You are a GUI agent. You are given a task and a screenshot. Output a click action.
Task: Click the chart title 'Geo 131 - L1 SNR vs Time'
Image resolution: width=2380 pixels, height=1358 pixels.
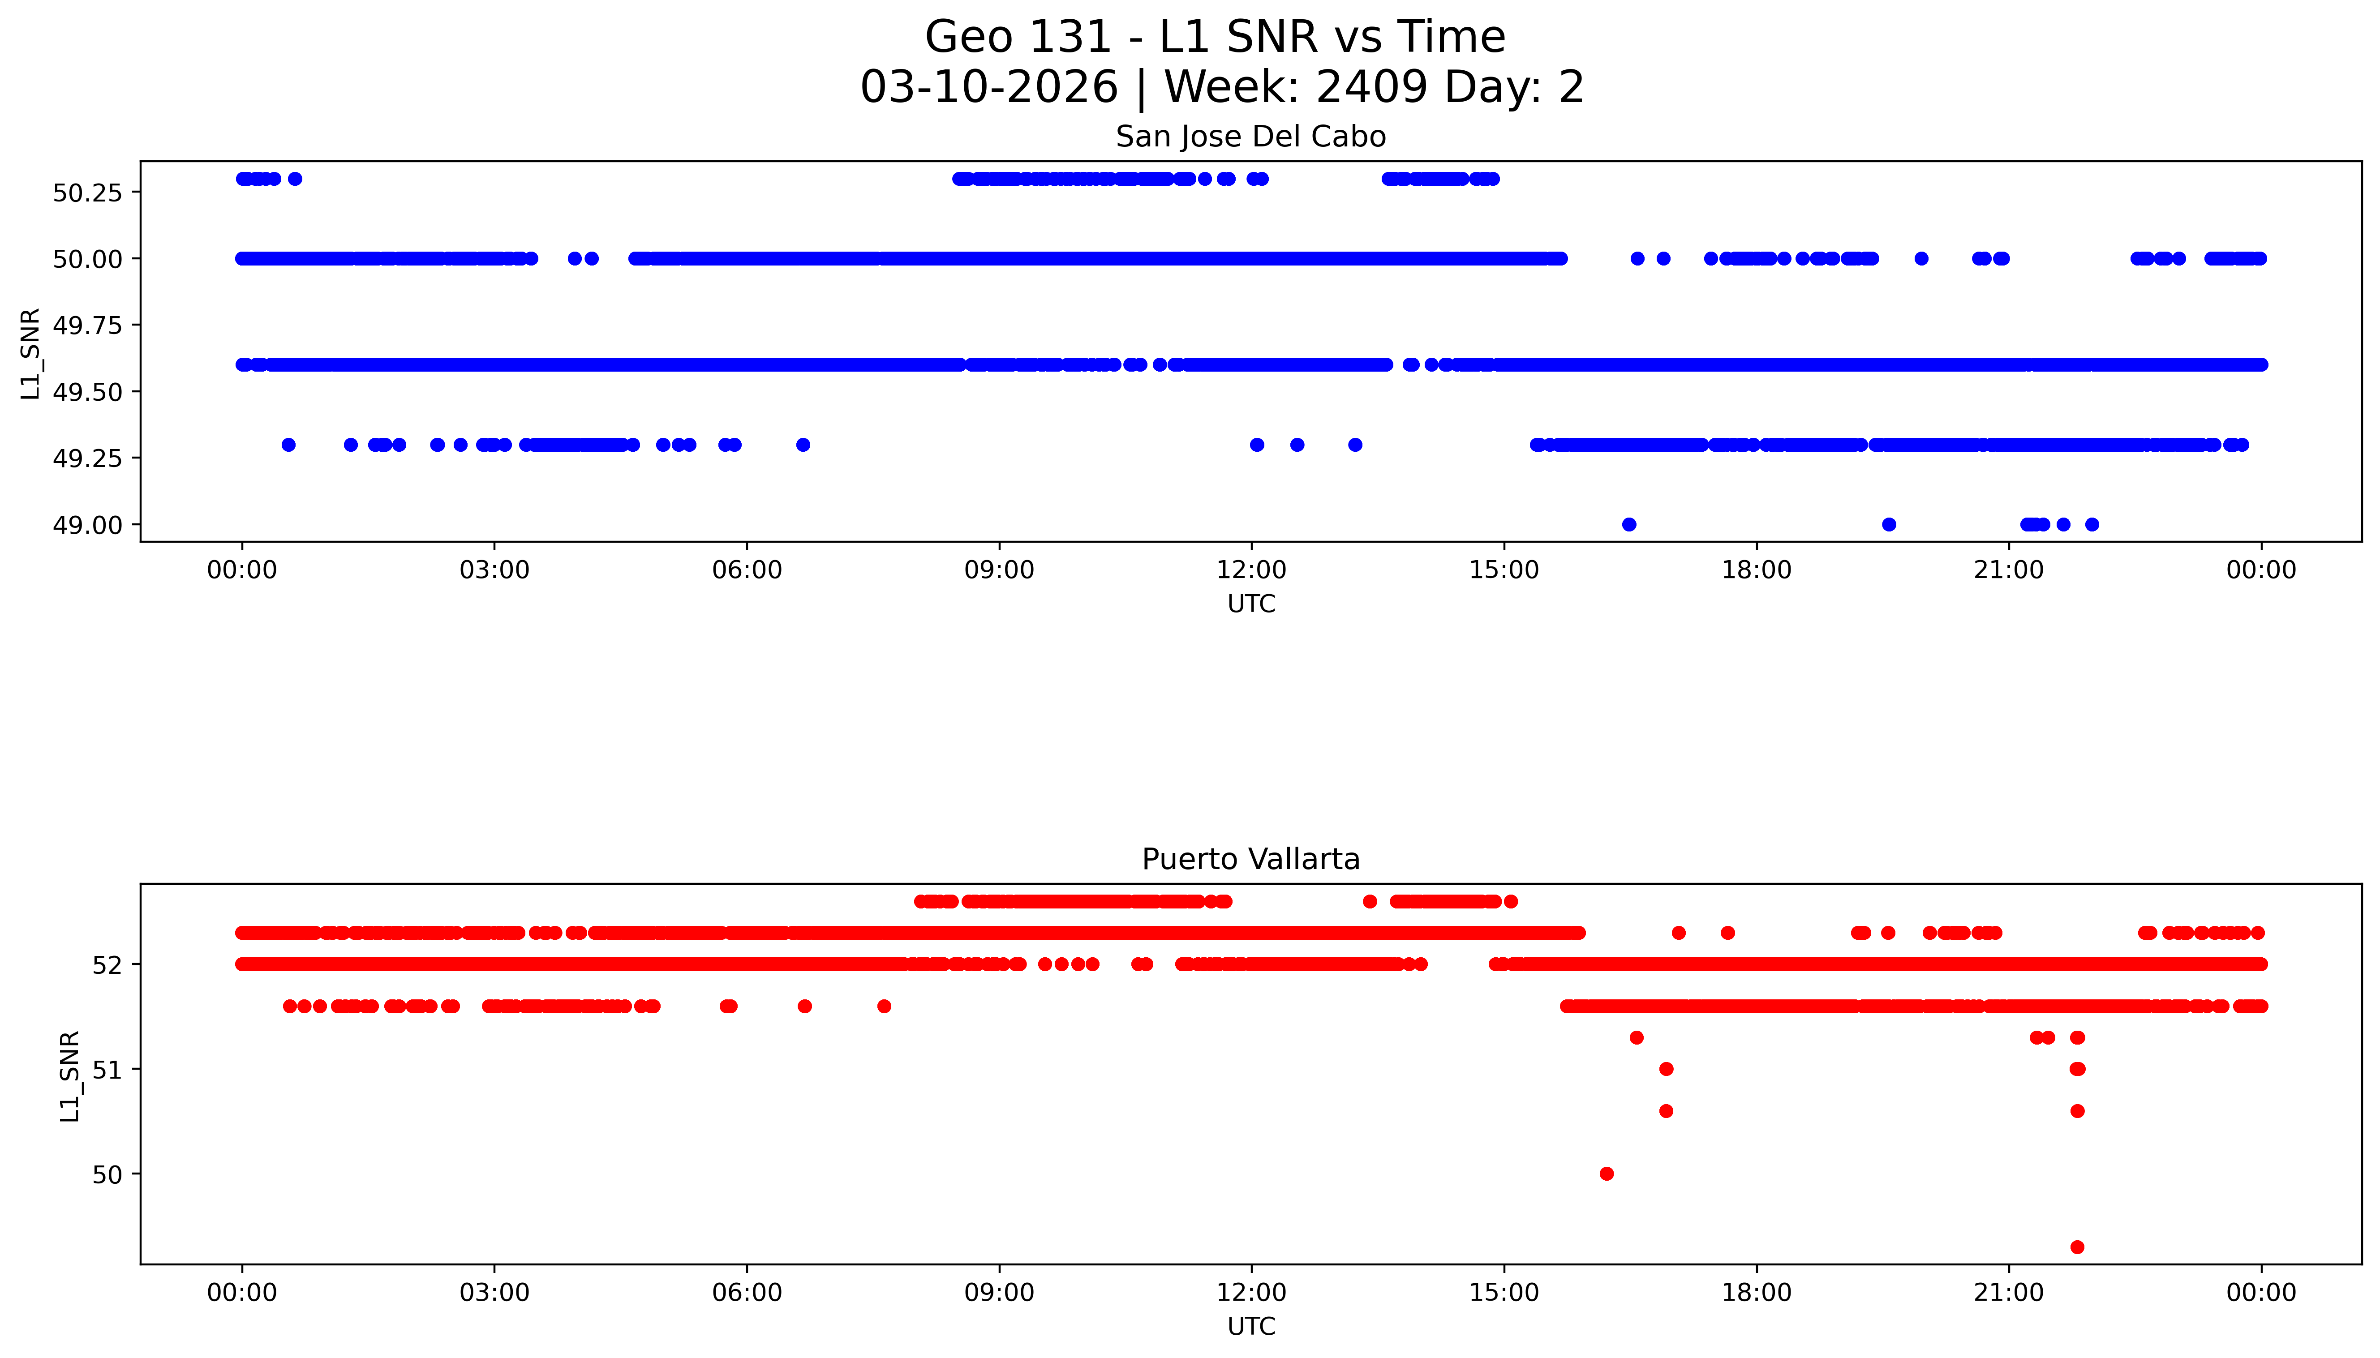[1215, 37]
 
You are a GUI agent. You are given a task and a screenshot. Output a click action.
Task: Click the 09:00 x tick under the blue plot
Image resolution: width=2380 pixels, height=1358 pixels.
[999, 570]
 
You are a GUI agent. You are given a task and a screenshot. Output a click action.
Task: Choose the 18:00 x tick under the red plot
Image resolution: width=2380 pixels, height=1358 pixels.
[1756, 1293]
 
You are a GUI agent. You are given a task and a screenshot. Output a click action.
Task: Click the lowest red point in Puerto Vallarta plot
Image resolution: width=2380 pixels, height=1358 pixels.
[2077, 1247]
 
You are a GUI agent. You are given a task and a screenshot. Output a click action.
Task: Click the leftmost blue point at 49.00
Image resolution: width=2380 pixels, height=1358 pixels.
[1629, 524]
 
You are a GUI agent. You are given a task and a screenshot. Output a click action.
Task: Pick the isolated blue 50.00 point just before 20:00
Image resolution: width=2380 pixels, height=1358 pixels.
[1921, 258]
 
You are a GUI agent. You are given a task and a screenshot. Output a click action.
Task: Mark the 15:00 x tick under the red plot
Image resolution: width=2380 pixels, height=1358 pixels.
[1504, 1293]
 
